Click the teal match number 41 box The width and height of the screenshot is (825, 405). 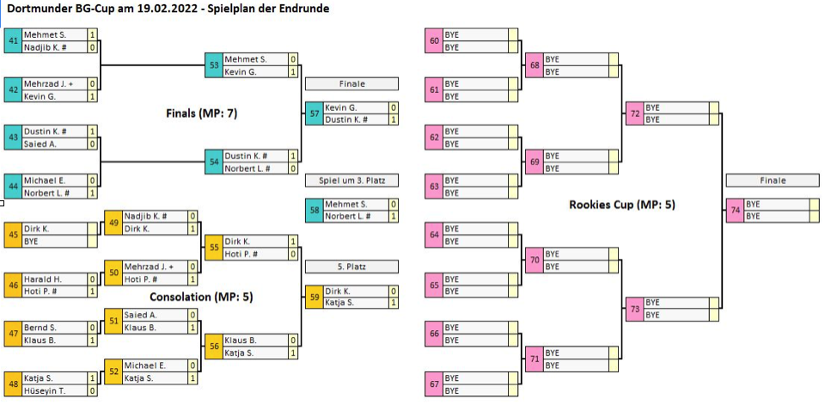pos(13,40)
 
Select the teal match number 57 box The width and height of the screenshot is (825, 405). pos(315,113)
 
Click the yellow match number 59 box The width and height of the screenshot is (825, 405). pos(315,298)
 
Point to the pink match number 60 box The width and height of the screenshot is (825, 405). pos(434,40)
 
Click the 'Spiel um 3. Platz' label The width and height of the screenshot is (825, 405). pos(351,181)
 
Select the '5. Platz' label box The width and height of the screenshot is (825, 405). pos(351,267)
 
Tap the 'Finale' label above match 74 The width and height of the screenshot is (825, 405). pos(772,181)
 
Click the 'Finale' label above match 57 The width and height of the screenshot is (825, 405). pos(351,84)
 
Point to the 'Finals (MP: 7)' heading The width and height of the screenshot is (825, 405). pos(201,113)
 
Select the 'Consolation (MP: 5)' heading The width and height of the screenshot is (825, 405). pos(201,297)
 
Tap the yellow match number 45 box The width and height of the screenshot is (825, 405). pos(13,235)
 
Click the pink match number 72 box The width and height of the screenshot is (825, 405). pos(635,113)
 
